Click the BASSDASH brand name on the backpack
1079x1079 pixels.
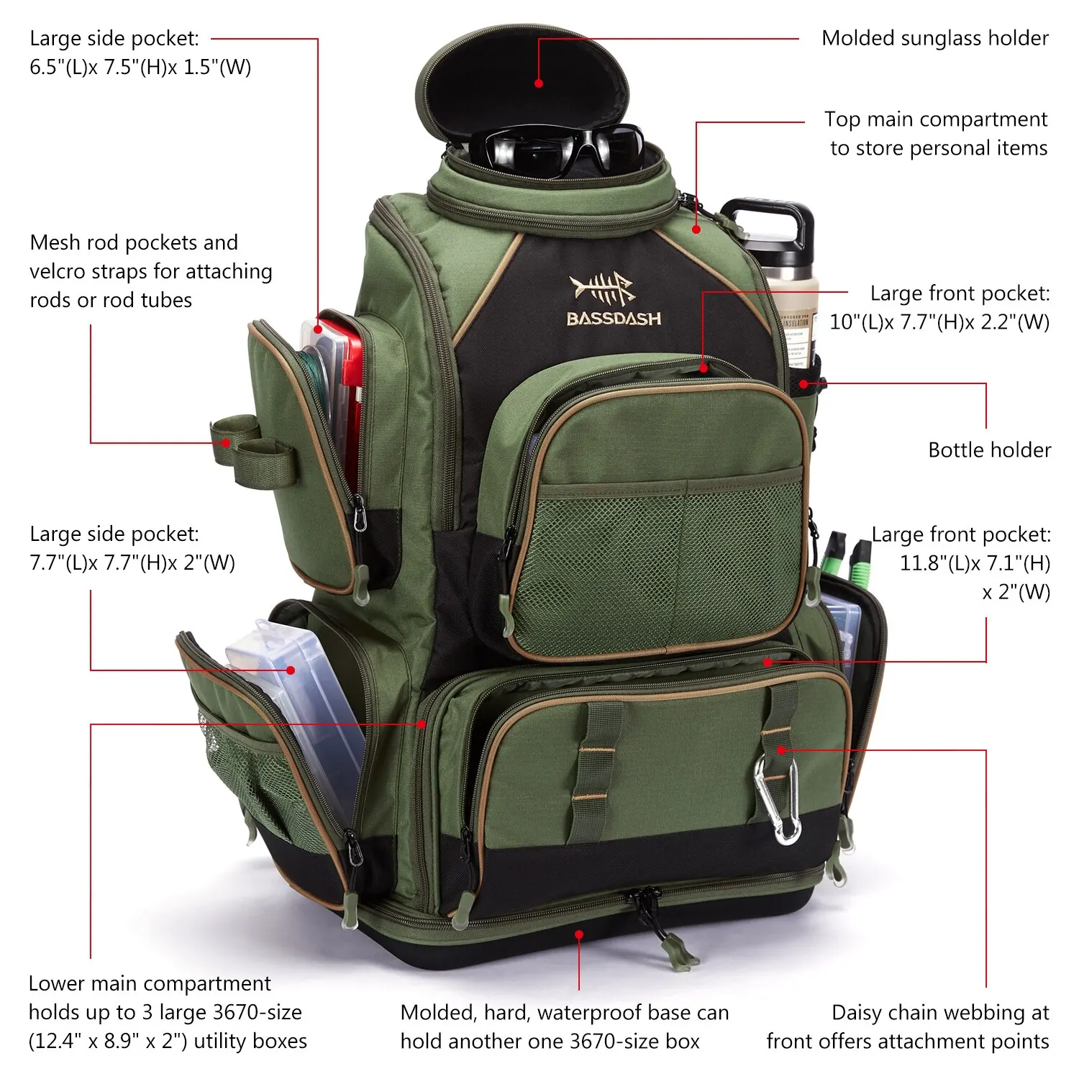tap(614, 319)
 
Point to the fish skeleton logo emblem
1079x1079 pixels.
tap(603, 288)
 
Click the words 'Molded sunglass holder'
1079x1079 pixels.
tap(935, 38)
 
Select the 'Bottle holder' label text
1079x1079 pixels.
tap(989, 450)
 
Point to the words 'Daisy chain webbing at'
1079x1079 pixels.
tap(940, 1013)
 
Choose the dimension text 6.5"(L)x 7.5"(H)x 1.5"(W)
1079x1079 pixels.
tap(140, 68)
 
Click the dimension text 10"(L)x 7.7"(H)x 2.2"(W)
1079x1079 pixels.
tap(939, 322)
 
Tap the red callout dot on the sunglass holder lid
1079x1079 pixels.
tap(539, 83)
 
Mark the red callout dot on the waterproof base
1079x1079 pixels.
tap(579, 934)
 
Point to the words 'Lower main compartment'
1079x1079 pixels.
tap(150, 983)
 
